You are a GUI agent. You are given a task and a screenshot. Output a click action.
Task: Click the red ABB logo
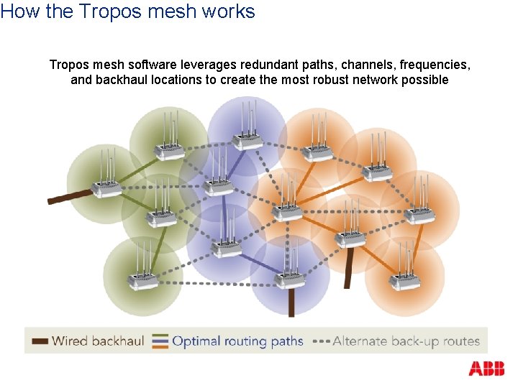coord(486,369)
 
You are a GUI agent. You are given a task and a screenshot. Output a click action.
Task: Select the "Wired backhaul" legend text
coord(98,341)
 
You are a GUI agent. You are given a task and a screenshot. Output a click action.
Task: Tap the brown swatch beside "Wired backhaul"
coord(40,341)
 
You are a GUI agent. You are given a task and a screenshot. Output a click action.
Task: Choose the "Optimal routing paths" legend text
coord(237,341)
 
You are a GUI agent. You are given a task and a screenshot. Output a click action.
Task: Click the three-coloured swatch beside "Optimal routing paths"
coord(160,341)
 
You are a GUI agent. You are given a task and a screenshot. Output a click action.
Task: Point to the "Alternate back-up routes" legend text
coord(406,341)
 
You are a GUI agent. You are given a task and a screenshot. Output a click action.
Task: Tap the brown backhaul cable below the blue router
coord(291,301)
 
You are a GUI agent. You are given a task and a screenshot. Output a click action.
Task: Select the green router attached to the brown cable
coord(107,188)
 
